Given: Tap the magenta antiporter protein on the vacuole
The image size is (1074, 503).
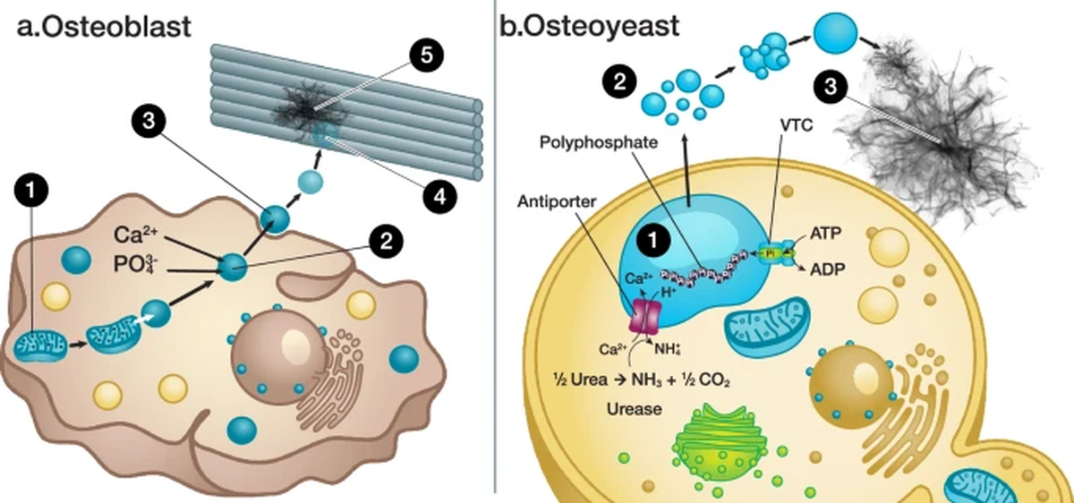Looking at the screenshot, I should (x=647, y=317).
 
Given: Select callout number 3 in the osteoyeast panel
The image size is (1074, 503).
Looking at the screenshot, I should (x=831, y=87).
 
